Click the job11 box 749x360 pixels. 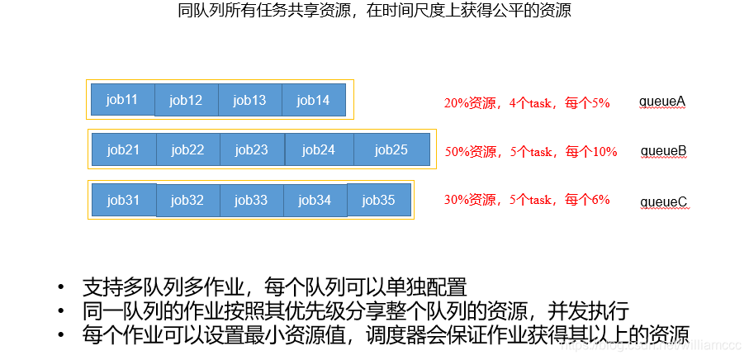point(122,100)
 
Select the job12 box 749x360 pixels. point(186,101)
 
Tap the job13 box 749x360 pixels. point(249,101)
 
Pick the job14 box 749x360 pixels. point(313,101)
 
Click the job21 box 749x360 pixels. point(123,149)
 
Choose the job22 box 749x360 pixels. point(187,149)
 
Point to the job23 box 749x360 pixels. point(252,149)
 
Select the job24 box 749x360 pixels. point(319,149)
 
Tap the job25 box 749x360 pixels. point(391,149)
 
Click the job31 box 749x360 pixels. point(123,200)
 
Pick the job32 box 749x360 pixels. point(187,200)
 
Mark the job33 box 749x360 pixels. point(251,200)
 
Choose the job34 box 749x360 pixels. point(315,200)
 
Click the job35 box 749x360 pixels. point(379,200)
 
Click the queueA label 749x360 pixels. point(662,102)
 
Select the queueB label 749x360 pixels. point(664,152)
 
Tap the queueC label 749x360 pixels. point(664,201)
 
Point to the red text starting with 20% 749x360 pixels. point(527,103)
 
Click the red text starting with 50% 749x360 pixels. point(530,152)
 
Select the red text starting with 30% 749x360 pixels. point(527,200)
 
